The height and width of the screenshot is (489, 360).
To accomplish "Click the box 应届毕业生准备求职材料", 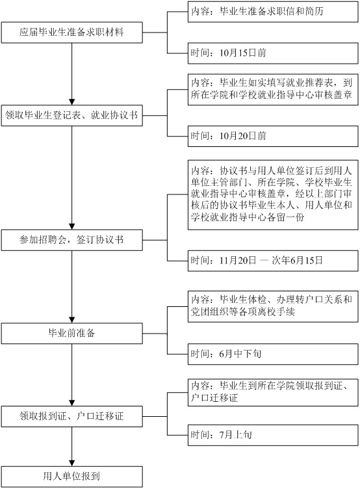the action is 71,33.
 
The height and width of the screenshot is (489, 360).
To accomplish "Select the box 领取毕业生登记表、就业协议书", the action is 71,115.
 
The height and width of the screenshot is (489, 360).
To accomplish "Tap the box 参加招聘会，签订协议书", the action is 71,240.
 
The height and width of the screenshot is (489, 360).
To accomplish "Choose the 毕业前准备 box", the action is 71,334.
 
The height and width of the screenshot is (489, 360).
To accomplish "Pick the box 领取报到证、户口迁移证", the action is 71,416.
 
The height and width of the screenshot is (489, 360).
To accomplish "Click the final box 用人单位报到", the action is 71,477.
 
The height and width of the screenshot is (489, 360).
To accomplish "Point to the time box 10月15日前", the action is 273,53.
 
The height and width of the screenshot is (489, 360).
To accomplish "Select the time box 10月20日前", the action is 273,137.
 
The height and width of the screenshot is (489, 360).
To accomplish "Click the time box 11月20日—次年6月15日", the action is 273,261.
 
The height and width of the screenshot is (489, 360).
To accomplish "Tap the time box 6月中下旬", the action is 273,354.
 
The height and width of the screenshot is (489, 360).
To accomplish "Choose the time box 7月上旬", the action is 273,435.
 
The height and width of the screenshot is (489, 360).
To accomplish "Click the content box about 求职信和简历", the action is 273,12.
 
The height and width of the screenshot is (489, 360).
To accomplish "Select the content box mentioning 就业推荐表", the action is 273,90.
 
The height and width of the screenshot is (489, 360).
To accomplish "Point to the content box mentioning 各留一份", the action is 273,195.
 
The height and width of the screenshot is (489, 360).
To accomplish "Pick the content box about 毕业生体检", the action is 273,306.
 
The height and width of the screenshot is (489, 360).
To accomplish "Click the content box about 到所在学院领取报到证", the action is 273,392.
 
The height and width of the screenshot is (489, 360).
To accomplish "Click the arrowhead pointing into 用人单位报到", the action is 71,463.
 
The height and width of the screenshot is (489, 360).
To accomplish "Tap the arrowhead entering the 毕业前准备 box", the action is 71,320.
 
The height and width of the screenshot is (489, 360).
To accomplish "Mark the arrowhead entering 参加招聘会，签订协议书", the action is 71,226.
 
